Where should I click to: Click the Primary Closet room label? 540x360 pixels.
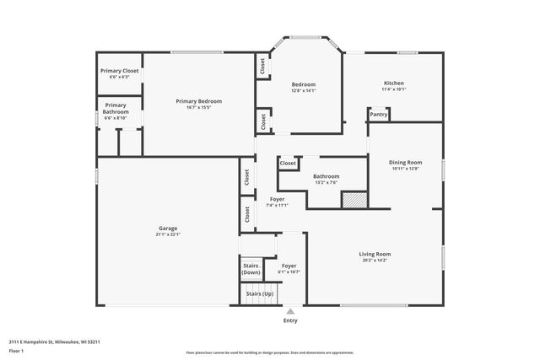pos(119,71)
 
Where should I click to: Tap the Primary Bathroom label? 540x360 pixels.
pos(116,109)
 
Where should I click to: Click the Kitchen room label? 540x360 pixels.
pos(394,83)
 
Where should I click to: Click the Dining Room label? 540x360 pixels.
pos(405,162)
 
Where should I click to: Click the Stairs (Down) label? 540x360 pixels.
pos(251,270)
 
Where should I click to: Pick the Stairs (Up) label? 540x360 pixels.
pos(258,293)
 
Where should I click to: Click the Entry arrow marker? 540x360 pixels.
pos(290,311)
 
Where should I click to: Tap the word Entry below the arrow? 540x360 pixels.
pos(290,320)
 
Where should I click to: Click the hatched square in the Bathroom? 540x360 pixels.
pos(352,199)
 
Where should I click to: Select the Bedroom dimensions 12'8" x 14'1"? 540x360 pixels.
pos(304,91)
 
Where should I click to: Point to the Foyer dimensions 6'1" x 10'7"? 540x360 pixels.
pos(289,272)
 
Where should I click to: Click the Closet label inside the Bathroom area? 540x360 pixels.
pos(288,164)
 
